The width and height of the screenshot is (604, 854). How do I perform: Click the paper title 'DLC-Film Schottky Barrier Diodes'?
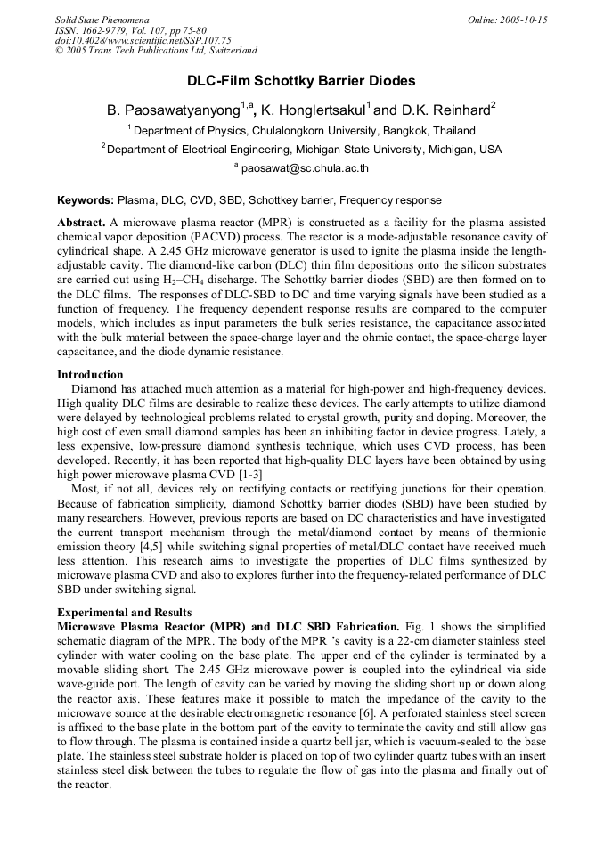pos(301,81)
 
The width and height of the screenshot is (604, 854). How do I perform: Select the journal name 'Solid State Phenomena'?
pos(102,20)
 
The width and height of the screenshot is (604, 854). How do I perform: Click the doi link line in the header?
pos(143,40)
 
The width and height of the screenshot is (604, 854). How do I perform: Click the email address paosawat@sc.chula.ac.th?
pos(305,168)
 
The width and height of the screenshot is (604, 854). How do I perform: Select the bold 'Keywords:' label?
pos(86,200)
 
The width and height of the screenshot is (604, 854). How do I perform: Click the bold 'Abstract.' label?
pos(81,221)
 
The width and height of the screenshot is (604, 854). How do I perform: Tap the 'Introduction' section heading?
pos(90,375)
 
